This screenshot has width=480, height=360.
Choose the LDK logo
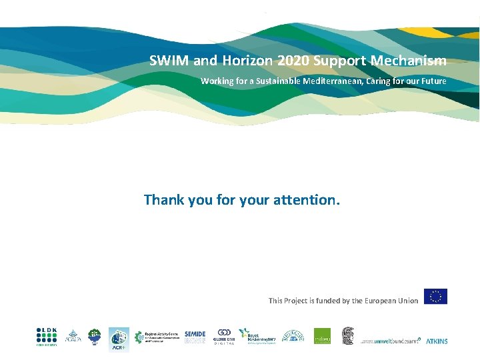coord(47,337)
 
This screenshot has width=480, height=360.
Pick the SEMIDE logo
coord(195,337)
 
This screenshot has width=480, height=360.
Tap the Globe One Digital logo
coord(223,337)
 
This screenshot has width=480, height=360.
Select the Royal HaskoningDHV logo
coord(257,337)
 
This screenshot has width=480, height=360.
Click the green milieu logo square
coord(323,337)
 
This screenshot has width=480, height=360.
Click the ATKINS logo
coord(437,341)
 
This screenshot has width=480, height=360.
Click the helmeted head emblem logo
coord(348,336)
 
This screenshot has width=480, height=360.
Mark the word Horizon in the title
coord(247,61)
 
